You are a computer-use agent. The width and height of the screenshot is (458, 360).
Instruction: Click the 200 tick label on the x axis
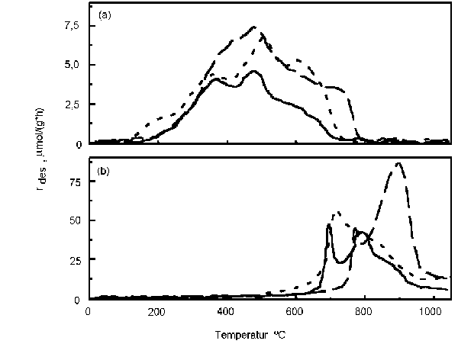click(x=157, y=311)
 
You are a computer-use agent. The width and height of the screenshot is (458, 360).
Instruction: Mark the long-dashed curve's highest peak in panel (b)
click(x=398, y=163)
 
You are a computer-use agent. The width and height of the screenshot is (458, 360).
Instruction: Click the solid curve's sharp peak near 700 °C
click(x=329, y=224)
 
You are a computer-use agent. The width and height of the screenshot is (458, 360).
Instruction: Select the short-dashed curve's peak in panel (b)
click(x=337, y=212)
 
